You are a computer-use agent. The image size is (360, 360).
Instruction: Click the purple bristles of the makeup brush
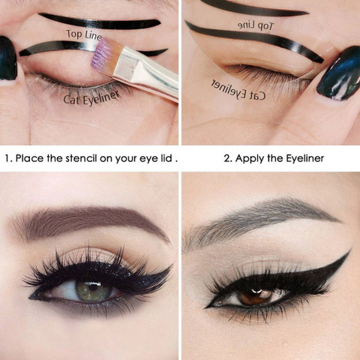pos(106,54)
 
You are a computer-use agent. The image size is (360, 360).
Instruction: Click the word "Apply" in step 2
pos(255,159)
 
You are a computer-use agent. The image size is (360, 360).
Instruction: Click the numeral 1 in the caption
pos(7,159)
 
